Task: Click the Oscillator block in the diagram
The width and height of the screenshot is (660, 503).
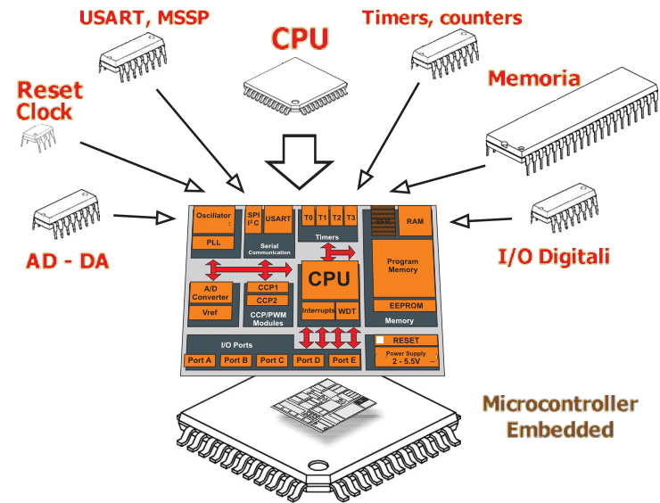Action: [214, 219]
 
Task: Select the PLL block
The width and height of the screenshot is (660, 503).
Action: [214, 243]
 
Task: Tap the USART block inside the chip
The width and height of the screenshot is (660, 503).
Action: [278, 219]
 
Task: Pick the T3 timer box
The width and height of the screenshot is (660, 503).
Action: [351, 219]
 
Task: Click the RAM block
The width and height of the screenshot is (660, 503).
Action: [415, 221]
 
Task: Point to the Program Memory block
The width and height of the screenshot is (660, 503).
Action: [402, 266]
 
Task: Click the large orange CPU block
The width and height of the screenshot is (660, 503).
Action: [328, 278]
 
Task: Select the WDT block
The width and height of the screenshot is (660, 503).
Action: [346, 311]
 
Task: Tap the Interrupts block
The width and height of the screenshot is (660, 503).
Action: [317, 311]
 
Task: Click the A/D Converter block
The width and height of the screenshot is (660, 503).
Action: [210, 292]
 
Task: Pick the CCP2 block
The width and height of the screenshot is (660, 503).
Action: [268, 301]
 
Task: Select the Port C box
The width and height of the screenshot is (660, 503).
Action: [271, 360]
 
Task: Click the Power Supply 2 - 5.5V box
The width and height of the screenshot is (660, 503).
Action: [406, 358]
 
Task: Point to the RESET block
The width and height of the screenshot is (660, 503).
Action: [406, 341]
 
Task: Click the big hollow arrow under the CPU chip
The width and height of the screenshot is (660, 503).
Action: [299, 161]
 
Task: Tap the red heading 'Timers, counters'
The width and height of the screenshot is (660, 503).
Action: [441, 17]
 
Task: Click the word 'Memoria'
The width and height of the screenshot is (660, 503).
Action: [534, 78]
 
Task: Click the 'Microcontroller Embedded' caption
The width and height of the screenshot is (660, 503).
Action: [560, 416]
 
